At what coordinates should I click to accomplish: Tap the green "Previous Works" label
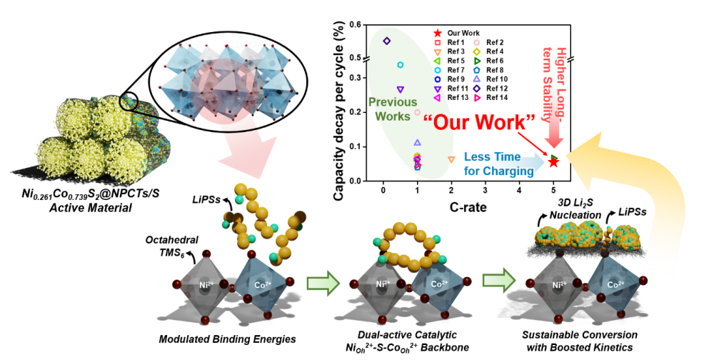(x=393, y=109)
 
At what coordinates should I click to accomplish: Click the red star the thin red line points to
(x=553, y=163)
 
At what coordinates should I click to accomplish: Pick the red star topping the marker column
(x=438, y=33)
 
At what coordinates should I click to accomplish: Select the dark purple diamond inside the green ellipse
(x=386, y=41)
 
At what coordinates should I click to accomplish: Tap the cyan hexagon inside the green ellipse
(x=400, y=65)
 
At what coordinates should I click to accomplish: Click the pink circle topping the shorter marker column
(x=477, y=42)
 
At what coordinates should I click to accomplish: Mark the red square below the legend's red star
(x=438, y=42)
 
